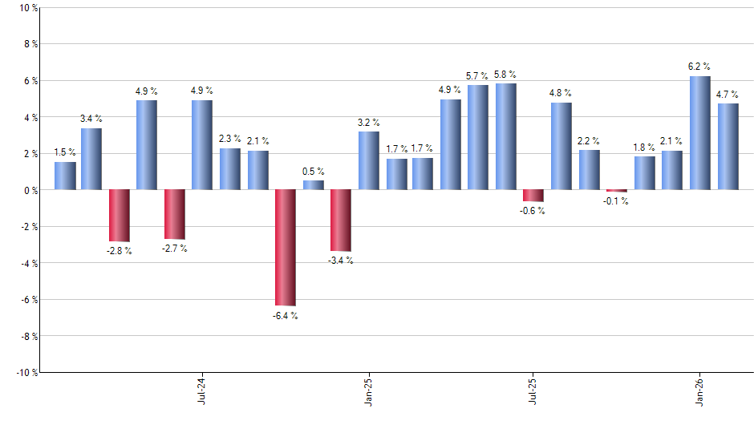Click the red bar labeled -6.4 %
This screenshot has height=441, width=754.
286,248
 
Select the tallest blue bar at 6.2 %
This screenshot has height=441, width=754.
700,133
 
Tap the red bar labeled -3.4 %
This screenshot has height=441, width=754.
341,220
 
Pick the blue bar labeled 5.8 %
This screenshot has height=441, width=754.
506,136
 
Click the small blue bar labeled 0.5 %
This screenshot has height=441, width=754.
314,185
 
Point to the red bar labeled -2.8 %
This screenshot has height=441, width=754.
120,215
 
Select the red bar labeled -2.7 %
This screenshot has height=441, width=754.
175,214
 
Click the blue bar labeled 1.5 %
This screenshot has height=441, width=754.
65,176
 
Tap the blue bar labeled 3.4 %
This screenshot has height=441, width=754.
91,159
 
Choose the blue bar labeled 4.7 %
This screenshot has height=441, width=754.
728,147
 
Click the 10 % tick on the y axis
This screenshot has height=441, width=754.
27,8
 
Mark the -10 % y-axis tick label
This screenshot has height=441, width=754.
26,373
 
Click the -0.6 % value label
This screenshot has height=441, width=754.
533,211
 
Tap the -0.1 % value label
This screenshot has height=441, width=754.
616,201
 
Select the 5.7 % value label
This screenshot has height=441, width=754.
478,76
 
